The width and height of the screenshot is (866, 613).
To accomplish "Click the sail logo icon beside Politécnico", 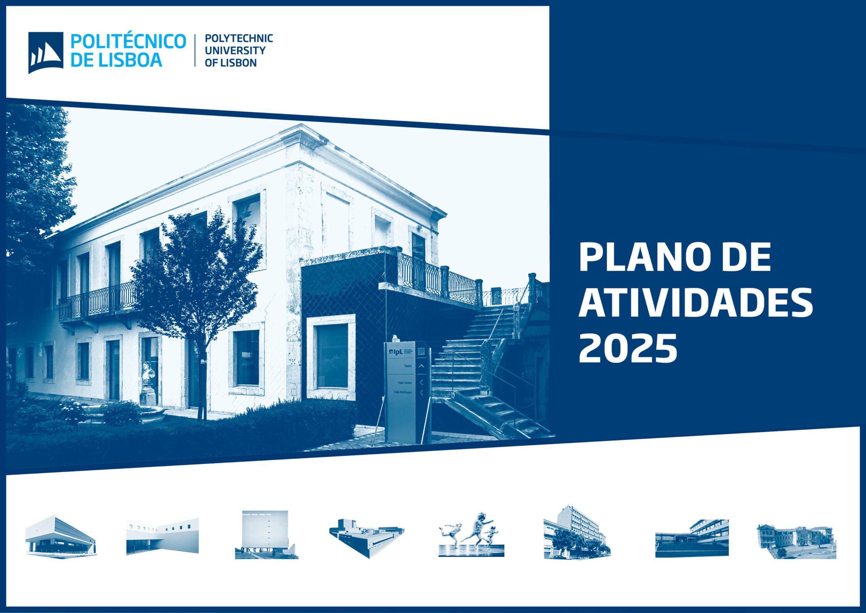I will pos(46,53).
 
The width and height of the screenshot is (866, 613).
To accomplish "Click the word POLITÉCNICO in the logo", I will pos(128,42).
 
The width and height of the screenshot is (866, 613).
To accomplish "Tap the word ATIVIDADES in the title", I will pos(695,303).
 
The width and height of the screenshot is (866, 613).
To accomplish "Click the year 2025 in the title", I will pos(628,349).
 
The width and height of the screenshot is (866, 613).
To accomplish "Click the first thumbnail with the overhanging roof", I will pos(60,536).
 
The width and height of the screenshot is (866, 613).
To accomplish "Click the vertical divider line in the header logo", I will pos(195,51).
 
